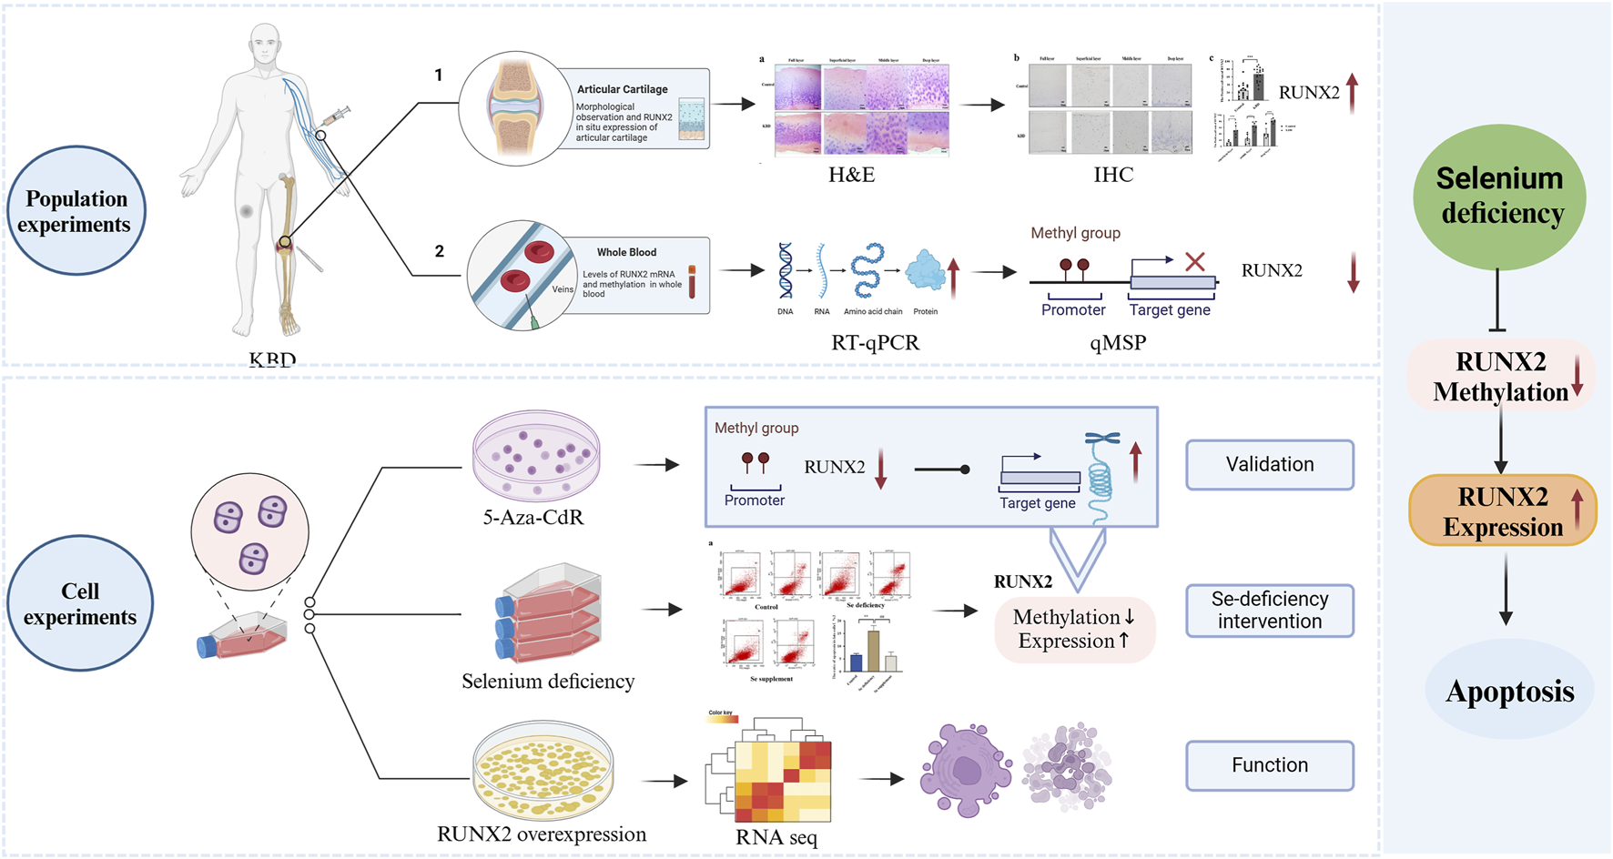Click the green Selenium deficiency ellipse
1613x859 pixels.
tap(1499, 197)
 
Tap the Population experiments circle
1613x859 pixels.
tap(76, 211)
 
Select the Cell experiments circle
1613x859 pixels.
tap(80, 603)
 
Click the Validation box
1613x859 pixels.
tap(1269, 465)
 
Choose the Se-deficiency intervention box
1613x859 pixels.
tap(1269, 611)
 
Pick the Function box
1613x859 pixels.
tap(1269, 765)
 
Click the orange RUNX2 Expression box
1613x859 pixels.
tap(1502, 510)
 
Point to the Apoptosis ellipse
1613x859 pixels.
tap(1509, 692)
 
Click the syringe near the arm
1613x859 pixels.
tap(336, 116)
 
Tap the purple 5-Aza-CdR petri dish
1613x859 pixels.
tap(536, 454)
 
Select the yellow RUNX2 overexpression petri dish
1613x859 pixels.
tap(543, 770)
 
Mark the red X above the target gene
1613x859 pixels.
tap(1195, 262)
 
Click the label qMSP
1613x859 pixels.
tap(1117, 343)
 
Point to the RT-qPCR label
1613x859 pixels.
tap(875, 343)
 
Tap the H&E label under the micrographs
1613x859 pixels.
tap(851, 175)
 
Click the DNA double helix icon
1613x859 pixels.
tap(785, 271)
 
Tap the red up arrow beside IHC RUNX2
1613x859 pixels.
tap(1352, 93)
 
